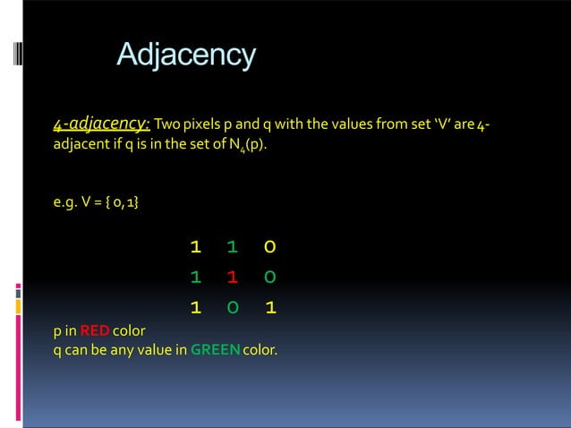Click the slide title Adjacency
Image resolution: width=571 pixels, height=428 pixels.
click(x=186, y=56)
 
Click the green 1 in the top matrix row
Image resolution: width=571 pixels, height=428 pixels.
click(x=232, y=245)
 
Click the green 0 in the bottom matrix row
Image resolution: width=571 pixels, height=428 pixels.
click(x=232, y=308)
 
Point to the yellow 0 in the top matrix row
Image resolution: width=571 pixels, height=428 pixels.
click(x=269, y=245)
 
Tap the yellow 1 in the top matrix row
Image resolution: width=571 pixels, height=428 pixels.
click(x=194, y=245)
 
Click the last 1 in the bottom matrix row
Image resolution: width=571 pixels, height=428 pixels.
click(x=269, y=308)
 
